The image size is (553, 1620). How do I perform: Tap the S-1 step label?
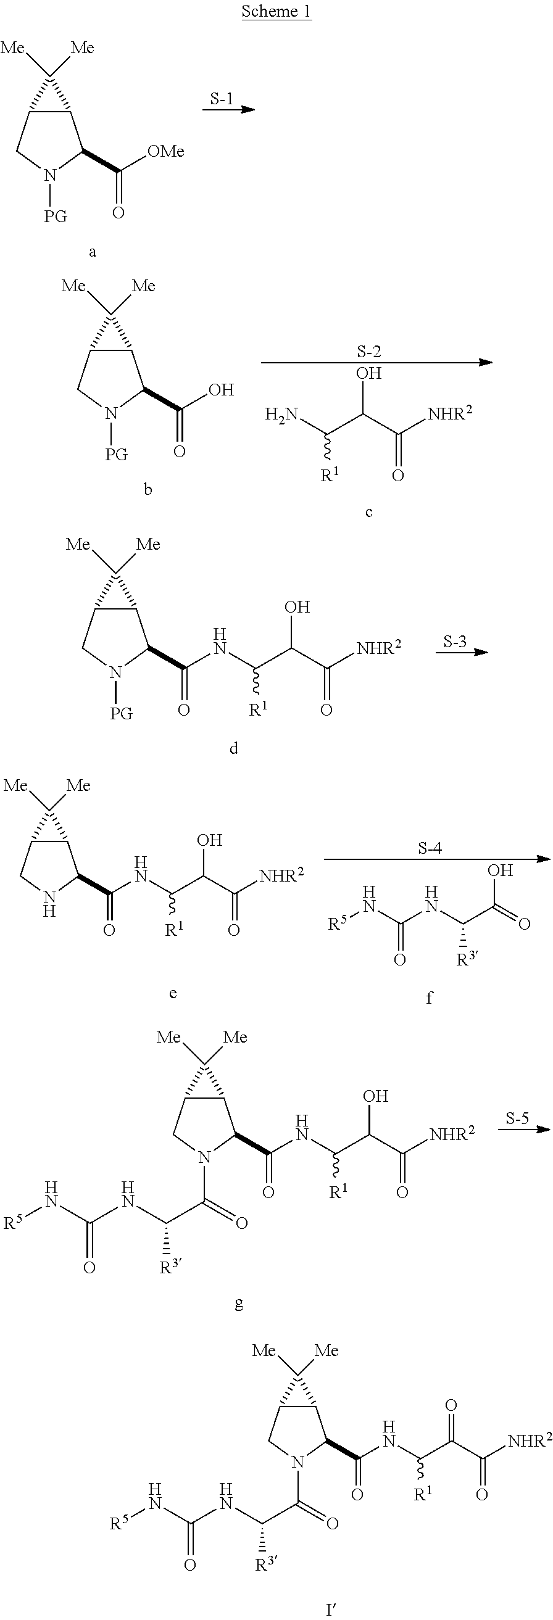(x=222, y=98)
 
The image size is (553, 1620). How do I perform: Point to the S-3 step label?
(x=455, y=642)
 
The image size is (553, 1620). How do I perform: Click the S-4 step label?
(x=430, y=848)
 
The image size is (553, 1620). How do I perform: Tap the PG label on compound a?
(x=56, y=217)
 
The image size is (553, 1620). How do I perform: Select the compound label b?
(x=148, y=489)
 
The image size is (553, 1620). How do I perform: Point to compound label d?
(x=233, y=748)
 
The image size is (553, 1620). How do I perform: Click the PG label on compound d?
(x=121, y=713)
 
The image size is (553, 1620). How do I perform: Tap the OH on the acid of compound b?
(x=222, y=390)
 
